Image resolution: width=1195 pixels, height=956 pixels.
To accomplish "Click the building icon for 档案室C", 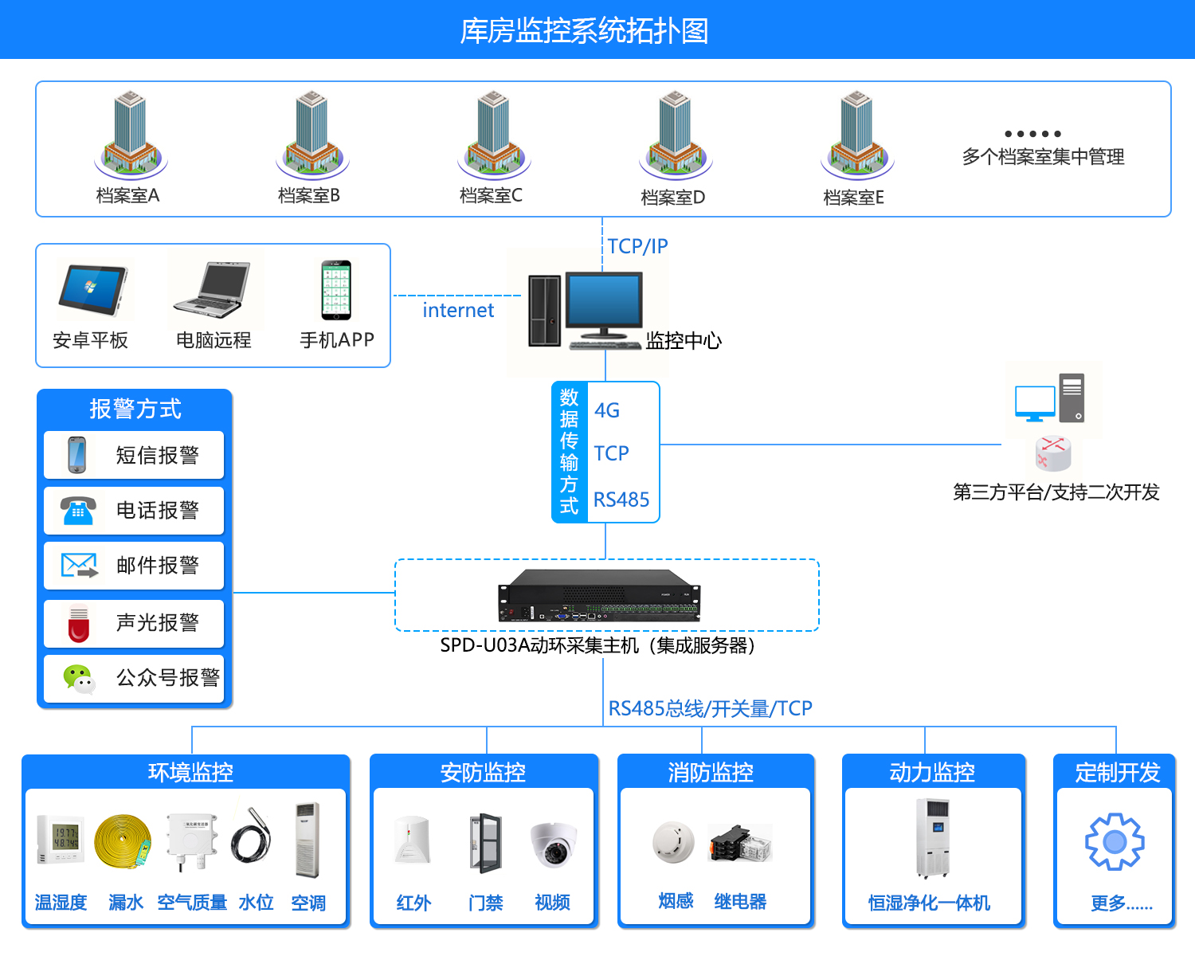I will click(x=493, y=134).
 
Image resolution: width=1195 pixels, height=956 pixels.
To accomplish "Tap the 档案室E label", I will click(x=853, y=198).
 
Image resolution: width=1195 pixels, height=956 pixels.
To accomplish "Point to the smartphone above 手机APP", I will click(x=335, y=290).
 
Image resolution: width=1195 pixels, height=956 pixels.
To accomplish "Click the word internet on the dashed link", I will click(x=458, y=310).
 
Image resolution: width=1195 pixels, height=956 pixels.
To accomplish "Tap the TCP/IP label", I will click(x=637, y=246).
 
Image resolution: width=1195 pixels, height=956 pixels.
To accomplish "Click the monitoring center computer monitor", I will click(x=603, y=303).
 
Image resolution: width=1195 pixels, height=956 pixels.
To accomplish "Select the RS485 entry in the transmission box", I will click(x=621, y=500).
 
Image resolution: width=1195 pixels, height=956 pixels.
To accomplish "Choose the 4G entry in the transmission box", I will click(x=606, y=410).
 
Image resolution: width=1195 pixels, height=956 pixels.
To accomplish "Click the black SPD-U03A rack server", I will click(x=599, y=596).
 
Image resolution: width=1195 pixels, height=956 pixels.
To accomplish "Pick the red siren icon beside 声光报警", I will click(x=79, y=623).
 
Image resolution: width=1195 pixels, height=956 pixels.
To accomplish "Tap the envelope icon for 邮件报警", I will click(x=79, y=566).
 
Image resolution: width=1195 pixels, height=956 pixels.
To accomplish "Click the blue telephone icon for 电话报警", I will click(x=78, y=511).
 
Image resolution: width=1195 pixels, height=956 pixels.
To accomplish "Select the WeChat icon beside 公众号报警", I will click(x=79, y=679).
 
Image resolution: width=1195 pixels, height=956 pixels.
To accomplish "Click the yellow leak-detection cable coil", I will click(x=122, y=841).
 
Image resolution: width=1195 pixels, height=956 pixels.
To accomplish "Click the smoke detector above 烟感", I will click(x=673, y=841).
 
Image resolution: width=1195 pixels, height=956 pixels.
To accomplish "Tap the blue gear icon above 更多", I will click(x=1115, y=841).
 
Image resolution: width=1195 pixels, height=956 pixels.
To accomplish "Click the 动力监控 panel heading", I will click(x=932, y=772).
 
